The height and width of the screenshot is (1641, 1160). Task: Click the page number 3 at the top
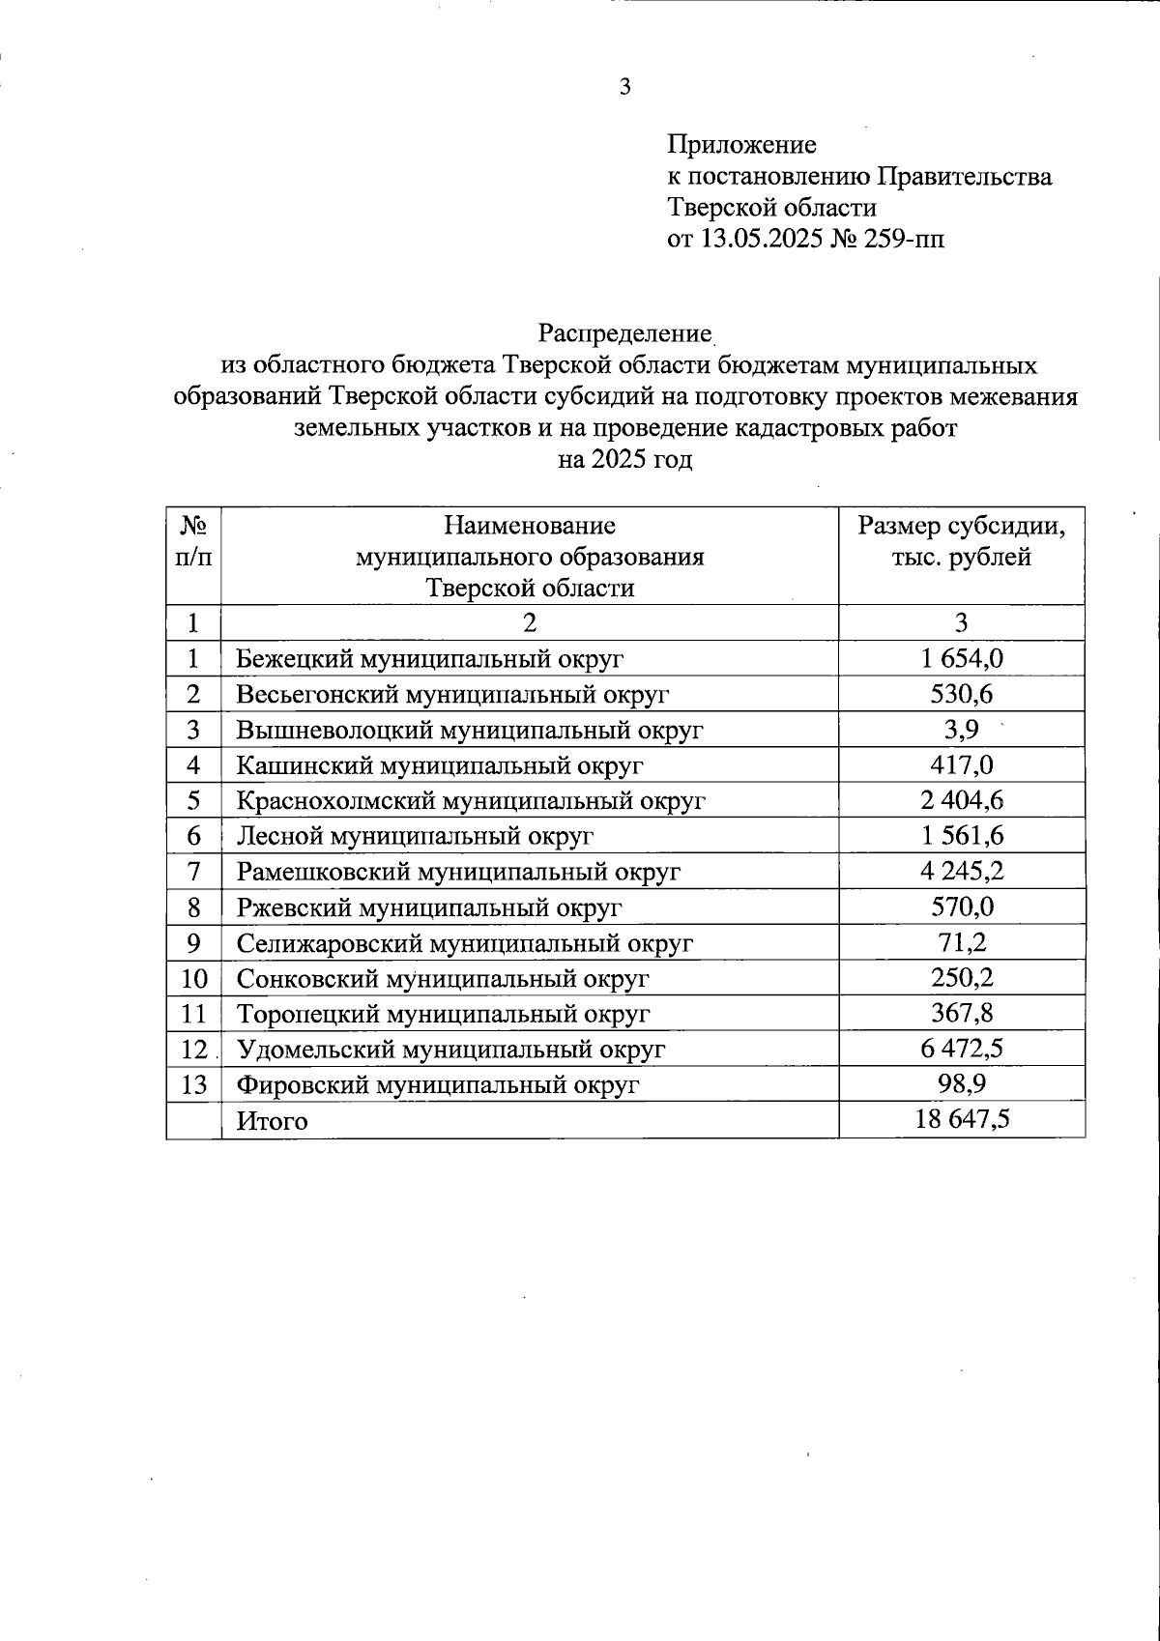624,87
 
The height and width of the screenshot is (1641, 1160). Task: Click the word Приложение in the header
741,145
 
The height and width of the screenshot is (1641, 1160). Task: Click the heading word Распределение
624,334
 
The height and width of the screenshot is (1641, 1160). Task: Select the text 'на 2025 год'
625,459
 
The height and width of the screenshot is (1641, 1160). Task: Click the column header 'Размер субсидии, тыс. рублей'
961,542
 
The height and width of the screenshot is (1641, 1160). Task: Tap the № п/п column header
193,542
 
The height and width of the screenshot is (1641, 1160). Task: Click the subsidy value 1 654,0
962,659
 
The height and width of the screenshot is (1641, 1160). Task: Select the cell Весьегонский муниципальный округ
452,695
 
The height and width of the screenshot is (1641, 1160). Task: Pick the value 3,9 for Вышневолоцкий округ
961,730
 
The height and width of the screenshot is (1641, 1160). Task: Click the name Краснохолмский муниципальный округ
471,801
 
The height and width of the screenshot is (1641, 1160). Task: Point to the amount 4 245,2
962,872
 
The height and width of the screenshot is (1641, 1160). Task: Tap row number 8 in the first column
193,907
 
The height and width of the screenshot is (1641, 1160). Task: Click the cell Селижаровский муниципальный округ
465,943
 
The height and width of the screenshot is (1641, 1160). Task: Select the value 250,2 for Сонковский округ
962,978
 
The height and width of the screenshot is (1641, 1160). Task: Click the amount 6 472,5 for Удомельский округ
962,1049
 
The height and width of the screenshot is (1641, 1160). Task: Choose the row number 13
193,1084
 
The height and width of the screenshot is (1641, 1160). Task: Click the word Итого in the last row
273,1121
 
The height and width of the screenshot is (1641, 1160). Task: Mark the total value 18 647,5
962,1119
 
